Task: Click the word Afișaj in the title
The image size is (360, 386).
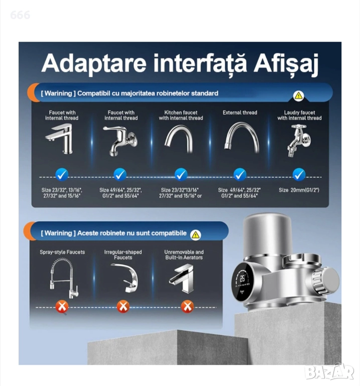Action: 286,64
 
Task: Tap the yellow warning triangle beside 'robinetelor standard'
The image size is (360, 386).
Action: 299,95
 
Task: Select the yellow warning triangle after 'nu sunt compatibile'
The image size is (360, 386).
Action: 195,235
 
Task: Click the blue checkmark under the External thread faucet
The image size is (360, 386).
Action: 240,174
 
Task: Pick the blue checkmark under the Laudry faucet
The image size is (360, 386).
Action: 299,174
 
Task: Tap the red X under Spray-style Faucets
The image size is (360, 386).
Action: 62,307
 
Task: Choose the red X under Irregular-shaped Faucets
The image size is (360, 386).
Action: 123,307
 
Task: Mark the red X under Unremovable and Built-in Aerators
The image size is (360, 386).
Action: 187,307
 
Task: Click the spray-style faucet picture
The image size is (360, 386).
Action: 63,278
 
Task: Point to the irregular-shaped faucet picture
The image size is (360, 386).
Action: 126,277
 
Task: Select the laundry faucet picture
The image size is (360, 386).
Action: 299,141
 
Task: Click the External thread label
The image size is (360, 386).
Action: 240,113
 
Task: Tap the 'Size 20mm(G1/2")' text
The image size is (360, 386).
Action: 299,190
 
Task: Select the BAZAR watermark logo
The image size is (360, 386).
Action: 329,372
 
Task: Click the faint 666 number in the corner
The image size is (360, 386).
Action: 20,15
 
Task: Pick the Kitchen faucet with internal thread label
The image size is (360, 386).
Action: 181,115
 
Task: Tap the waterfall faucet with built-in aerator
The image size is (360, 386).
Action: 182,278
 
